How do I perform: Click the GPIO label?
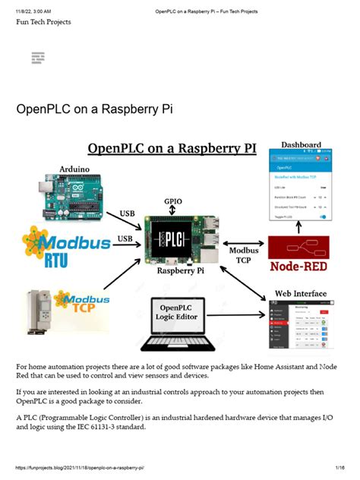click(x=174, y=202)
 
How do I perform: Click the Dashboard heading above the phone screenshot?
click(x=302, y=144)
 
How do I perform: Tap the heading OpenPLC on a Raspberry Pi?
click(x=95, y=109)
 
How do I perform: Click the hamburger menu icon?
click(x=38, y=58)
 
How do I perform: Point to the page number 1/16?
click(x=340, y=469)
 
